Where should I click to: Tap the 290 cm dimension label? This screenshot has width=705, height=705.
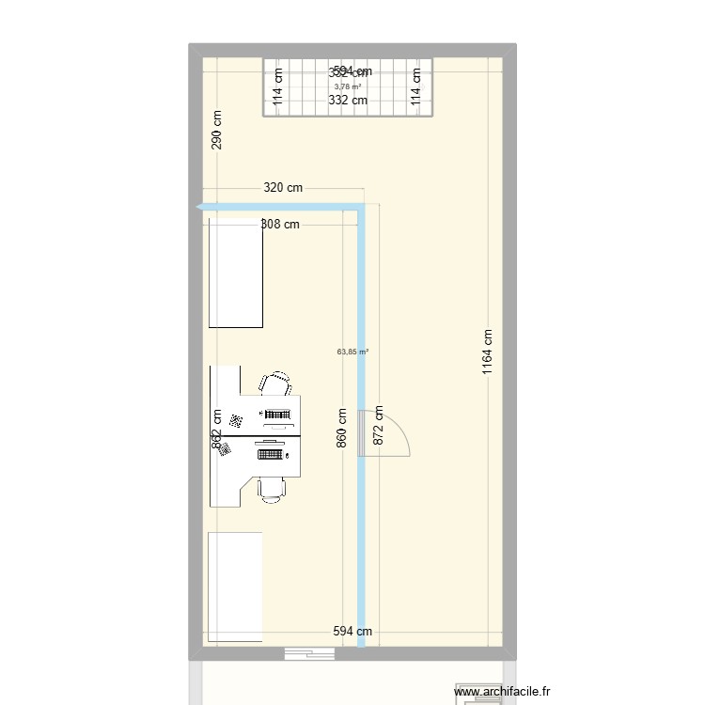[x=217, y=130]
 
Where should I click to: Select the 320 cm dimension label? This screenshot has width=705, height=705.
[x=283, y=188]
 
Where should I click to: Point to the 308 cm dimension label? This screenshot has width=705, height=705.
[x=280, y=224]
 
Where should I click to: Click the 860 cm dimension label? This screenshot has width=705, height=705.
[x=341, y=427]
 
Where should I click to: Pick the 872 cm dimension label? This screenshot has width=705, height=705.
[x=379, y=425]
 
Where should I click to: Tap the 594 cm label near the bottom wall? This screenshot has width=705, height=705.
[x=352, y=632]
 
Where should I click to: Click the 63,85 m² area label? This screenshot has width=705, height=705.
[x=352, y=352]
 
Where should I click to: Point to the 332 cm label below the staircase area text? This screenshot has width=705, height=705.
[x=348, y=100]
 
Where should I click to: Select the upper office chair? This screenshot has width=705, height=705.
[x=275, y=384]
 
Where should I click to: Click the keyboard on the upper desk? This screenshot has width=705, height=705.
[x=277, y=415]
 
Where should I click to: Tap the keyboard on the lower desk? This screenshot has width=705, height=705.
[x=272, y=455]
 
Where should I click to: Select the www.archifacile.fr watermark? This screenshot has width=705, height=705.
[x=497, y=693]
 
